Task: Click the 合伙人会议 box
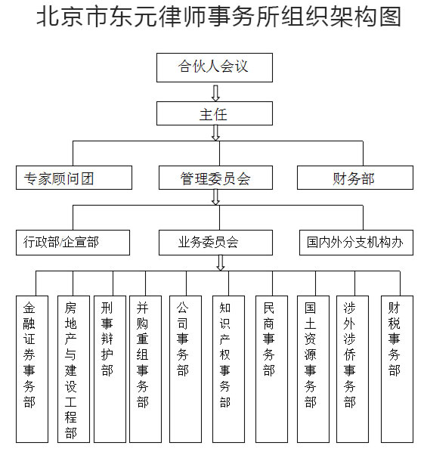tap(215, 67)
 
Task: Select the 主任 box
tap(215, 113)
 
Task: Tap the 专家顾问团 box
tap(74, 178)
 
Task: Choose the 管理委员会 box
tap(215, 178)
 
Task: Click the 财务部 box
tap(355, 178)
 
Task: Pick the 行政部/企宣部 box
tap(73, 243)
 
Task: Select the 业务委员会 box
tap(215, 243)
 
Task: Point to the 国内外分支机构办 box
tap(356, 243)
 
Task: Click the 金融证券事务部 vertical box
tap(32, 369)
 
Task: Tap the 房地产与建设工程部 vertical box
tap(73, 369)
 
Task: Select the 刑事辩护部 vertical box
tap(110, 369)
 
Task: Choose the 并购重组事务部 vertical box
tap(145, 369)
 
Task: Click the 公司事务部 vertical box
tap(185, 369)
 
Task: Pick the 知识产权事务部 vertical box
tap(228, 369)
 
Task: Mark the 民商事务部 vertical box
tap(271, 369)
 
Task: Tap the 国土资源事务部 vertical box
tap(313, 369)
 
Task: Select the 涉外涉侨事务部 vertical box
tap(352, 369)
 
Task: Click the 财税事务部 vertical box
tap(398, 369)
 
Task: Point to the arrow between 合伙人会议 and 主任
tap(215, 93)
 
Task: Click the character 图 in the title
tap(390, 17)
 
